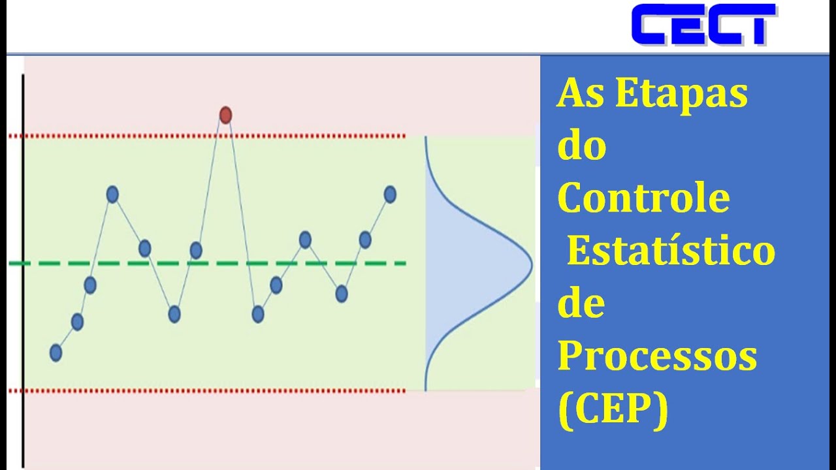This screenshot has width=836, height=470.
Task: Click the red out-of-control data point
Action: click(x=225, y=116)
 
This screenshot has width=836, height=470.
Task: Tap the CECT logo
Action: click(x=703, y=25)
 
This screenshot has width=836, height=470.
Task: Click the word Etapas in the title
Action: click(x=681, y=94)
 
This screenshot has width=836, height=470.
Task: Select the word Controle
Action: click(x=643, y=198)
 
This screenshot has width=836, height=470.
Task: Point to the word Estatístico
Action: click(x=671, y=251)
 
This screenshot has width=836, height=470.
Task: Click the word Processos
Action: click(x=657, y=357)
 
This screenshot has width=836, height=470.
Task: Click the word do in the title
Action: click(x=581, y=146)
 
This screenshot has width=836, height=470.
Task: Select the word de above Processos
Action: click(x=581, y=304)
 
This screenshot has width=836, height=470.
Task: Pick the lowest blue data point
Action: click(x=56, y=353)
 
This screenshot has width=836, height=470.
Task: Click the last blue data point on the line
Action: click(x=390, y=194)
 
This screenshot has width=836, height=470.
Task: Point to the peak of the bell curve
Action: click(x=531, y=264)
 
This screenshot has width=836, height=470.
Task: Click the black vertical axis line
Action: click(x=23, y=261)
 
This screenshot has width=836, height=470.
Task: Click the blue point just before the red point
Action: click(x=196, y=250)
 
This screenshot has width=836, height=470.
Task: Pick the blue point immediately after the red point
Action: click(x=258, y=315)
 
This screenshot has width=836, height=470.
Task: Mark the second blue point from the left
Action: click(x=77, y=321)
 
